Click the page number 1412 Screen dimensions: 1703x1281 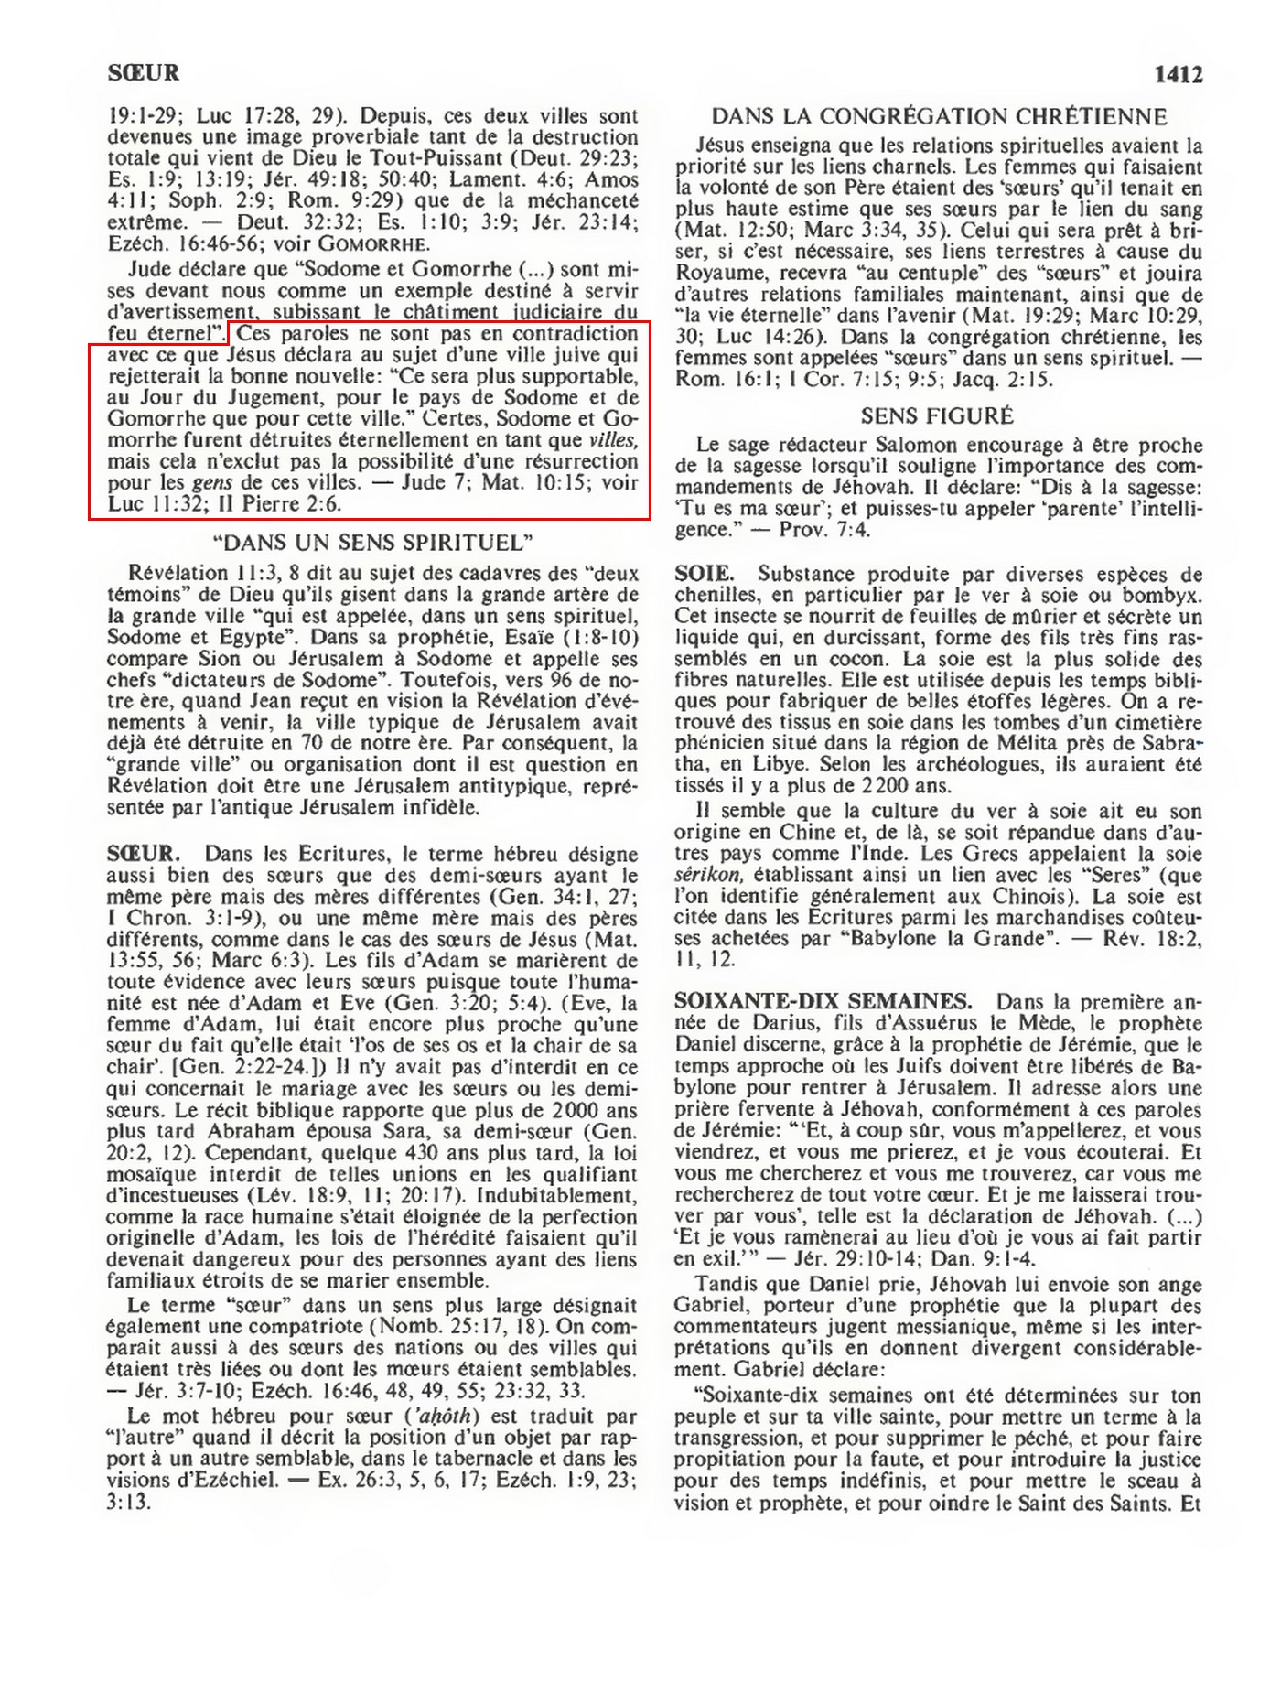point(1178,74)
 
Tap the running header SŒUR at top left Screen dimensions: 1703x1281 point(143,73)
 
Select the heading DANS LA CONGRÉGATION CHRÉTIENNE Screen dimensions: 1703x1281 point(939,116)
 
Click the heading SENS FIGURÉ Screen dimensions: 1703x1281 point(937,416)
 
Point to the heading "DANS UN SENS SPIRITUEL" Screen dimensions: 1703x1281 point(372,543)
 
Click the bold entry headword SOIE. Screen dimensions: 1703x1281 point(704,574)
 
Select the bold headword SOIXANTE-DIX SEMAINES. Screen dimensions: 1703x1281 point(823,1001)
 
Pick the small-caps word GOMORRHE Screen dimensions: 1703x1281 point(377,244)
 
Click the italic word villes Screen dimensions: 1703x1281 point(612,439)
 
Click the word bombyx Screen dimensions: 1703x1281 point(1163,596)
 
